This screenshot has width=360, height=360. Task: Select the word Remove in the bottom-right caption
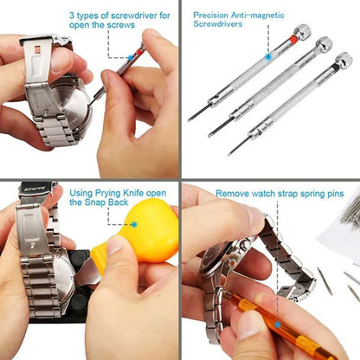(230, 194)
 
